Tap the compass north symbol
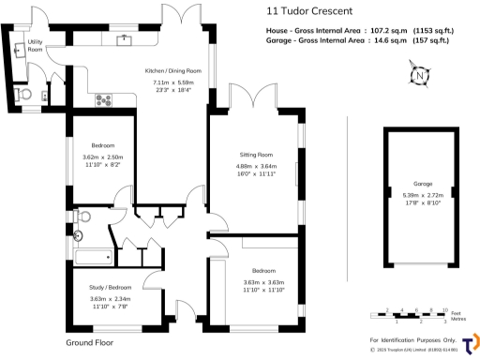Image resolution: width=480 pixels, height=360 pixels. point(419,75)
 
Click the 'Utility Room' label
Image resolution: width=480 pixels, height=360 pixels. point(35,45)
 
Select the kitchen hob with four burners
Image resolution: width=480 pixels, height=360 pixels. point(103,99)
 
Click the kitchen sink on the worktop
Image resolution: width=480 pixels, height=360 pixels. point(124,40)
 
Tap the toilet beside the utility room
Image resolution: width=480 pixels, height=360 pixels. point(24,95)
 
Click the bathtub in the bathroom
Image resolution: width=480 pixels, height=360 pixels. point(91,256)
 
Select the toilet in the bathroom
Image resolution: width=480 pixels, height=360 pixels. point(79,236)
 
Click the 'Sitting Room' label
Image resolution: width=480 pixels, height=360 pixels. point(255,154)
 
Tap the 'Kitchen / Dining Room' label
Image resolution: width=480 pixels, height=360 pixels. point(172,71)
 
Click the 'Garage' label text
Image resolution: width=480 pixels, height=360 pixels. point(423,185)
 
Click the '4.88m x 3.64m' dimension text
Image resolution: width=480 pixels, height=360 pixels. point(255,167)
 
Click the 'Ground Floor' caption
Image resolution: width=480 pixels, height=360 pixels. point(90,343)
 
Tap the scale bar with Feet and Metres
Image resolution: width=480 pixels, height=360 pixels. point(409,314)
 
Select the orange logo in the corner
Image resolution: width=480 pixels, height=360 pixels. point(471,342)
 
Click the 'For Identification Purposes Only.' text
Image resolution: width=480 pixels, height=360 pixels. point(412,339)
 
